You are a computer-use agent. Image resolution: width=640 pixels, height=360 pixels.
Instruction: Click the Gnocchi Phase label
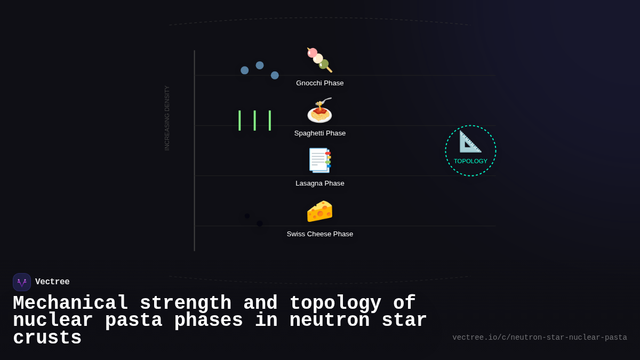tap(320, 83)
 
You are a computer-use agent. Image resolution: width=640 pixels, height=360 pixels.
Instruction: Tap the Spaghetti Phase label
tap(320, 133)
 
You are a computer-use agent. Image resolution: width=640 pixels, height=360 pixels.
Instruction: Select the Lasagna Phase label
tap(320, 183)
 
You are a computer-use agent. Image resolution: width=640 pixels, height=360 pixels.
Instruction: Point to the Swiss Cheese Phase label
tap(320, 234)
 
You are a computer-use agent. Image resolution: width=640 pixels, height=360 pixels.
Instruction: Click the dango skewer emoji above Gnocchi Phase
tap(319, 60)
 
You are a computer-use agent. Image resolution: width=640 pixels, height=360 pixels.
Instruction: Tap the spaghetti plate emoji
tap(319, 110)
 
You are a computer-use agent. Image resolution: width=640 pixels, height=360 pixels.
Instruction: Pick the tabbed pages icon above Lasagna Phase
tap(319, 160)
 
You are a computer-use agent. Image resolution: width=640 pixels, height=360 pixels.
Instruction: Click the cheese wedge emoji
tap(319, 211)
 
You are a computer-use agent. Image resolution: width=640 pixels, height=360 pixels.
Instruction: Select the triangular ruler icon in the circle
tap(470, 142)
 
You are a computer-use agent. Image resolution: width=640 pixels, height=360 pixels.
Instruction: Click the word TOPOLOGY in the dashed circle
tap(470, 161)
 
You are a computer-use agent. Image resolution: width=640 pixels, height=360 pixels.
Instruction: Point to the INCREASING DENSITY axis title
tap(167, 118)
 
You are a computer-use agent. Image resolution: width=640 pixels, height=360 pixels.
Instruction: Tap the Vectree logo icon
tap(22, 282)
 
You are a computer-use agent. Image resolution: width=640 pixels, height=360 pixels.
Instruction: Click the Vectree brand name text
tap(52, 282)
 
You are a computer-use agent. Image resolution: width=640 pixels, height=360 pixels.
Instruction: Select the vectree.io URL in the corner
tap(539, 338)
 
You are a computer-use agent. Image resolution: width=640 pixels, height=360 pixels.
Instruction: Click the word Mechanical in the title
tap(70, 303)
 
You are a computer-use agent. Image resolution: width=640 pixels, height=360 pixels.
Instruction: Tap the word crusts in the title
tap(47, 338)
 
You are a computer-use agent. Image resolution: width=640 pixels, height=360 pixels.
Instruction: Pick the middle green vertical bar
tap(254, 121)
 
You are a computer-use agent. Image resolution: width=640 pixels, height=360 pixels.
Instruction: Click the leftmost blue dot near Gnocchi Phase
tap(245, 70)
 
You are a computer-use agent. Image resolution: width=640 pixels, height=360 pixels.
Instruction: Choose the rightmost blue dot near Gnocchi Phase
tap(275, 75)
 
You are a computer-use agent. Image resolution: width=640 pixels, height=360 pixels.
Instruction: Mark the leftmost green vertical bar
tap(239, 121)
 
